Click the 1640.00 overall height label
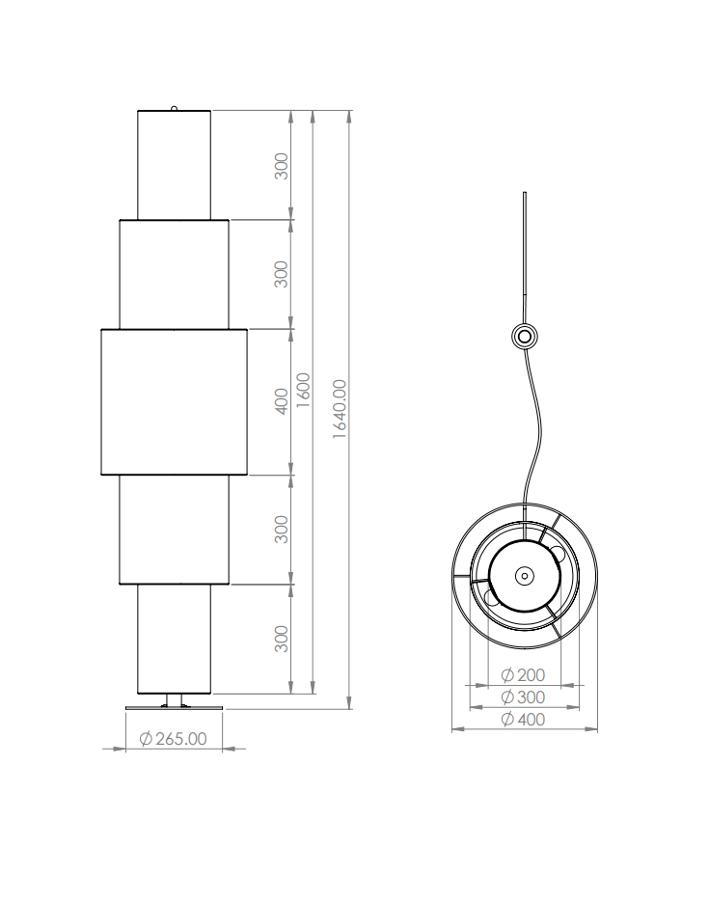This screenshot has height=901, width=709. [340, 409]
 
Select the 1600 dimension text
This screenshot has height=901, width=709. [303, 390]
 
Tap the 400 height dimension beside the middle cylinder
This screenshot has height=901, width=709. [281, 401]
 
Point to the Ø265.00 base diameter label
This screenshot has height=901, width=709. [173, 738]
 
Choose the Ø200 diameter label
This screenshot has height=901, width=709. [523, 674]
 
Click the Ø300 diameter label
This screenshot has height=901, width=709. [523, 697]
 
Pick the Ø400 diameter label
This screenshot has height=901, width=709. [523, 719]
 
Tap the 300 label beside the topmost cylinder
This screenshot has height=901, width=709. [281, 166]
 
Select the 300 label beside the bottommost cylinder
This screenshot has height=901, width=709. [281, 639]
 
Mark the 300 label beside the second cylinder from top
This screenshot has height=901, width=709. [281, 274]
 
